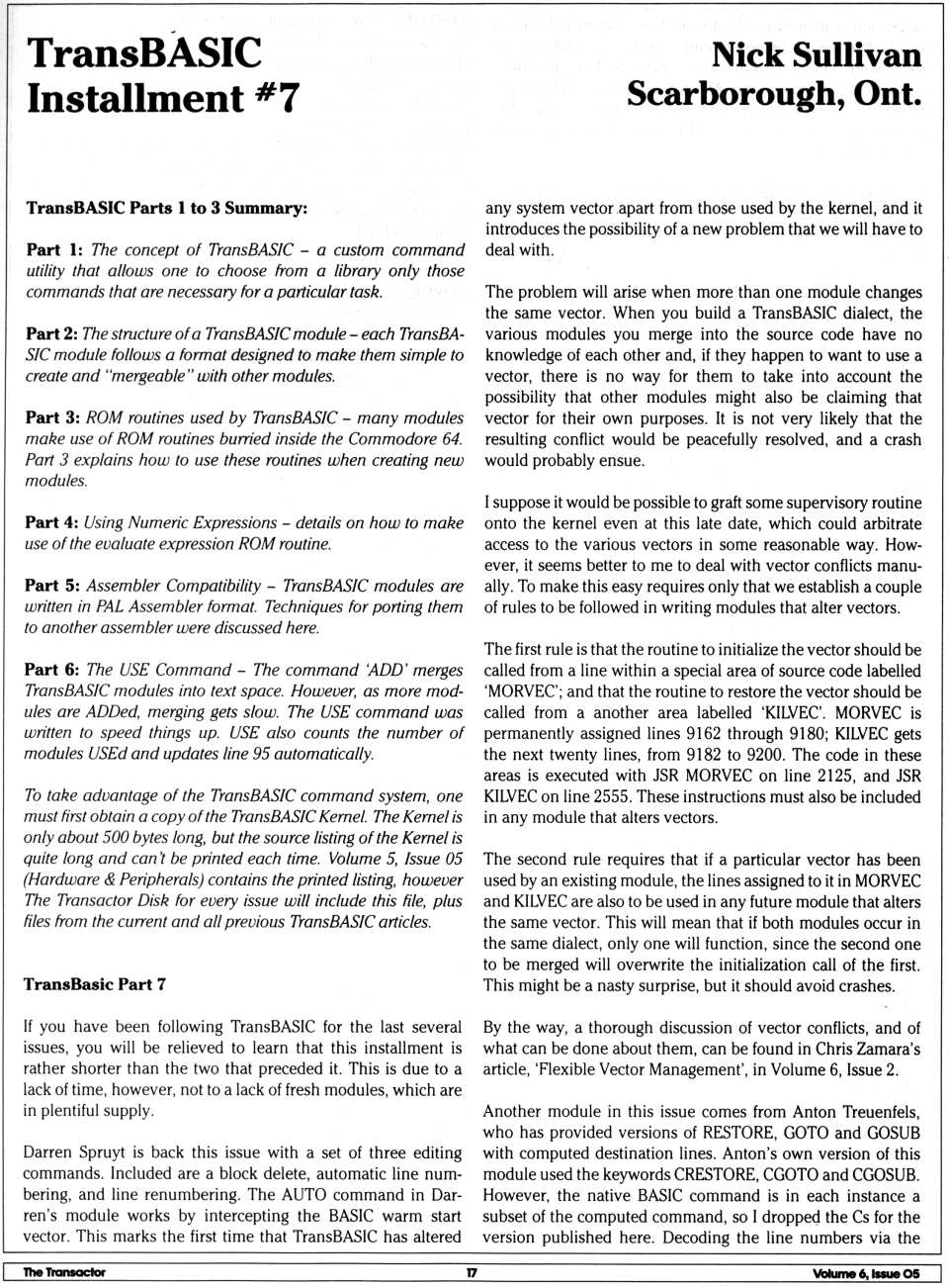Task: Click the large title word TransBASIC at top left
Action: (144, 52)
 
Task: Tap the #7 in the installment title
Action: (273, 97)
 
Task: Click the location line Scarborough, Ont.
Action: (774, 94)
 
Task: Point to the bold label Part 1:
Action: (55, 250)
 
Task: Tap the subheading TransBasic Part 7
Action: (95, 984)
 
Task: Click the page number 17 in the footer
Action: (472, 1272)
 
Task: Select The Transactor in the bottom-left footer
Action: (64, 1272)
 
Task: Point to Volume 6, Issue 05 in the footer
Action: (866, 1273)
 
